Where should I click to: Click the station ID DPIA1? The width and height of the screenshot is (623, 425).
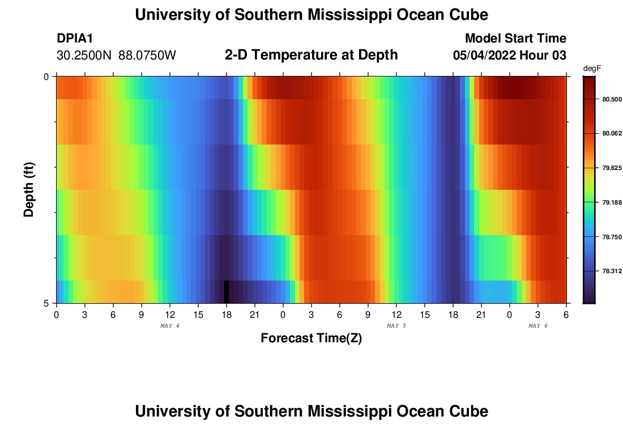tap(75, 39)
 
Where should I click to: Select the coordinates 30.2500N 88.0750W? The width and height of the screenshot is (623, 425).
tap(116, 56)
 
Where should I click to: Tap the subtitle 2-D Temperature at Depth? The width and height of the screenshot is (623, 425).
tap(311, 55)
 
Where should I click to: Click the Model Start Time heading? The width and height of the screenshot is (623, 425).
tap(515, 39)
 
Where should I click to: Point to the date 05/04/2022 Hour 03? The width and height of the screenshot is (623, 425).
tap(509, 56)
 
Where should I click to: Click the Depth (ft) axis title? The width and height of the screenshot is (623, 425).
tap(29, 189)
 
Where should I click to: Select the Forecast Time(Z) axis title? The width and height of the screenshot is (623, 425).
tap(311, 338)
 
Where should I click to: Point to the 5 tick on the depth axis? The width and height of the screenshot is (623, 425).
tap(46, 303)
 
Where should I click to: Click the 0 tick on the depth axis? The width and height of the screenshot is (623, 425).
tap(46, 76)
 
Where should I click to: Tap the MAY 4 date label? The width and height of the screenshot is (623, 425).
tap(170, 326)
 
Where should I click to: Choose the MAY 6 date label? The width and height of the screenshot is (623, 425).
tap(538, 326)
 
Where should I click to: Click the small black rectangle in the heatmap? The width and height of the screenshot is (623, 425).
tap(227, 291)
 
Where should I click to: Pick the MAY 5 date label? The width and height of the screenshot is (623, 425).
tap(396, 326)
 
